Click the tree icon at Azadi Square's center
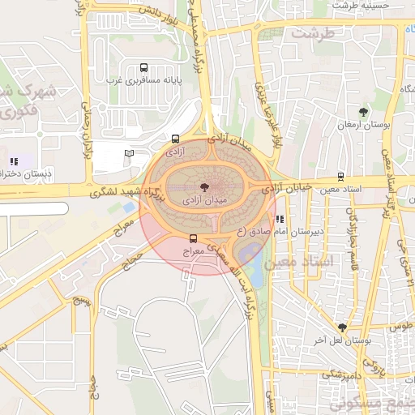[203, 186]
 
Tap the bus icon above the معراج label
[192, 238]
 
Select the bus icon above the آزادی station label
[176, 139]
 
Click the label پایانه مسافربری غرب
[143, 81]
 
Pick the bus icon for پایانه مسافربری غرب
[143, 68]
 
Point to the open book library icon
[128, 153]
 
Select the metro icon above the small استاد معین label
[340, 176]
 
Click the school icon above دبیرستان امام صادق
[280, 219]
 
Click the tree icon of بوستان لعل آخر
[343, 327]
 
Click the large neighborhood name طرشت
[313, 33]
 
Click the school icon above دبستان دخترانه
[12, 161]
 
